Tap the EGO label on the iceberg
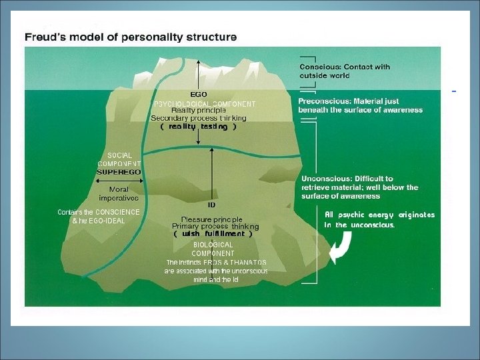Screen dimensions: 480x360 [199, 95]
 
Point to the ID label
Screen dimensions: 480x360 [211, 205]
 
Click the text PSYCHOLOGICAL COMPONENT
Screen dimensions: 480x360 [205, 104]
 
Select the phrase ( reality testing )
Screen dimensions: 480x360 [199, 127]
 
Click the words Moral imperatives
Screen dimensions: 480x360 [119, 193]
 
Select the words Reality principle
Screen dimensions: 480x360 [199, 111]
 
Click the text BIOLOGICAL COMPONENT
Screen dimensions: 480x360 [213, 249]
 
